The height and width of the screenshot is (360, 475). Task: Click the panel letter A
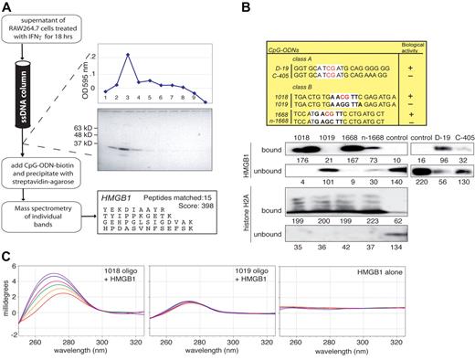click(x=6, y=7)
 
